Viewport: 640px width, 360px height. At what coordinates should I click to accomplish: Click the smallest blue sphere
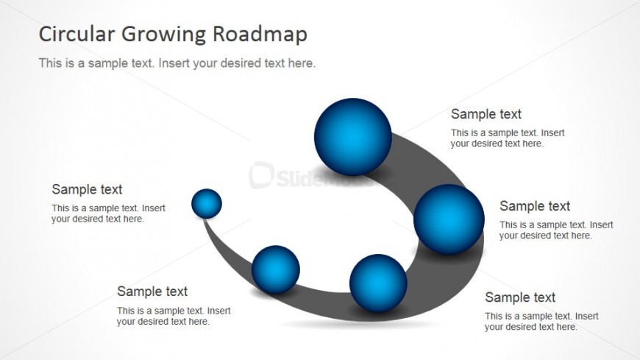pos(207,203)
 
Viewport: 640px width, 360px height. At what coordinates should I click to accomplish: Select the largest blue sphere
pos(352,137)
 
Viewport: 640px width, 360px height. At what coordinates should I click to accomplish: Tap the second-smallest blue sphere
pos(276,269)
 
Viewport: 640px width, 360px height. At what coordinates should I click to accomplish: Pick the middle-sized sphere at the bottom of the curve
pos(378,283)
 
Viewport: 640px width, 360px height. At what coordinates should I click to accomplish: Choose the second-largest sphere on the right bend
pos(449,219)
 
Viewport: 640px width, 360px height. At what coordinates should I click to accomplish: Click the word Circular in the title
pos(77,34)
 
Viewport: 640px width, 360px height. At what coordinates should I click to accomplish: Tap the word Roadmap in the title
pos(260,35)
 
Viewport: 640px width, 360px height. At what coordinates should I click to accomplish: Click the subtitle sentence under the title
pos(177,63)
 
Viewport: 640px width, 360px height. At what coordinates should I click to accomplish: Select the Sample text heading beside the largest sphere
pos(486,114)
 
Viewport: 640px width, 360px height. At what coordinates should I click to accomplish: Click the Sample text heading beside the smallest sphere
pos(87,189)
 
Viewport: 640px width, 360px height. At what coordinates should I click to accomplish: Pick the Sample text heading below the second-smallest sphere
pos(152,292)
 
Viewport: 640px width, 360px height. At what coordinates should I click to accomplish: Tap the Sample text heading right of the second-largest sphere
pos(535,206)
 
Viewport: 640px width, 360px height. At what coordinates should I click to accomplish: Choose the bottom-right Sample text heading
pos(520,297)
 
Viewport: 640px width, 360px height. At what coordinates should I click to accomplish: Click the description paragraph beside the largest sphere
pos(508,138)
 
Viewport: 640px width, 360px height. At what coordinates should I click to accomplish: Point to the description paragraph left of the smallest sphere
pos(109,213)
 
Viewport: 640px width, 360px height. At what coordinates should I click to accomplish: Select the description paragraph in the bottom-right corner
pos(541,321)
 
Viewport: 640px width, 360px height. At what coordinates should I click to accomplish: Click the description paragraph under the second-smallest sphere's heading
pos(174,316)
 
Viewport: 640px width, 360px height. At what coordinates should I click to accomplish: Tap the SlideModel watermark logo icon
pos(261,175)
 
